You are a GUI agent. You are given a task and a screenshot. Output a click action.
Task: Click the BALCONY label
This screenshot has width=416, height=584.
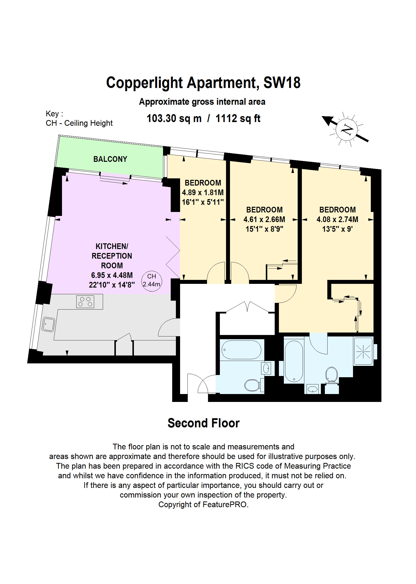coord(110,159)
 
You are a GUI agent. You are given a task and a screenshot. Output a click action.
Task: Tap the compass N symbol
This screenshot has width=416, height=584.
coord(347,130)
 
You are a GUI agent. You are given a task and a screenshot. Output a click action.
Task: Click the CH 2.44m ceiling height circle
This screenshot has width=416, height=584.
coord(152,281)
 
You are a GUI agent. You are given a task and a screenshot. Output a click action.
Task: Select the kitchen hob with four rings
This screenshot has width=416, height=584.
coord(85,301)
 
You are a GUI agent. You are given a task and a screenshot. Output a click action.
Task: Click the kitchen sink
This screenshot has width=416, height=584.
coord(48,324)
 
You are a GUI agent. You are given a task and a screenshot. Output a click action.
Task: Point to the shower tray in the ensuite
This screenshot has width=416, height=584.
coord(363,351)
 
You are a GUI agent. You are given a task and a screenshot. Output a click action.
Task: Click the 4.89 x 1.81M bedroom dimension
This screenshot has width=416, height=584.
coord(203,192)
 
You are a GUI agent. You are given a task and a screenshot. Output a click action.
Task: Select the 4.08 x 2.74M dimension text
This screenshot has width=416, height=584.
coord(337,219)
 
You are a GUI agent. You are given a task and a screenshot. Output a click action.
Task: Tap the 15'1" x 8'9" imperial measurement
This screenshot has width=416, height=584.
coord(264,229)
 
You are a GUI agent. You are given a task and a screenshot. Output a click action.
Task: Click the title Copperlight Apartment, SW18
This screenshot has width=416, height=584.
coord(203,83)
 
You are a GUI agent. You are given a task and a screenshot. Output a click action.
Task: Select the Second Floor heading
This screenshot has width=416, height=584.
coord(203,423)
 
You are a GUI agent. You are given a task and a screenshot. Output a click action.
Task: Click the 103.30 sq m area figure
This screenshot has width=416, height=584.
coord(174,119)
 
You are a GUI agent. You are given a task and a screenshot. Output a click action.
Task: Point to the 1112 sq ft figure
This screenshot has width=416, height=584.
coord(238,119)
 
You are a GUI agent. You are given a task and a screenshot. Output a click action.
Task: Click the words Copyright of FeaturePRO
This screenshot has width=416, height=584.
coord(203,505)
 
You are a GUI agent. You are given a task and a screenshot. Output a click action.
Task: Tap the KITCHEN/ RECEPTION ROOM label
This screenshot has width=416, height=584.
coord(112,256)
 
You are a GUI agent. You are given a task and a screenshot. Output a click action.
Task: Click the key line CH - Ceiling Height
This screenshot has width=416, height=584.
coord(79,123)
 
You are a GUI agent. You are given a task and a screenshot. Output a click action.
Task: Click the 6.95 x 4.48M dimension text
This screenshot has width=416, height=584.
coord(112,275)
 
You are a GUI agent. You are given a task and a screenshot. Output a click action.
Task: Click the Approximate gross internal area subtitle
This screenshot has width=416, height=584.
coord(202,102)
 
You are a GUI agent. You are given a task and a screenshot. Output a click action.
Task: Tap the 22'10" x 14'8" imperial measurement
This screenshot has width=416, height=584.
coord(112,285)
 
